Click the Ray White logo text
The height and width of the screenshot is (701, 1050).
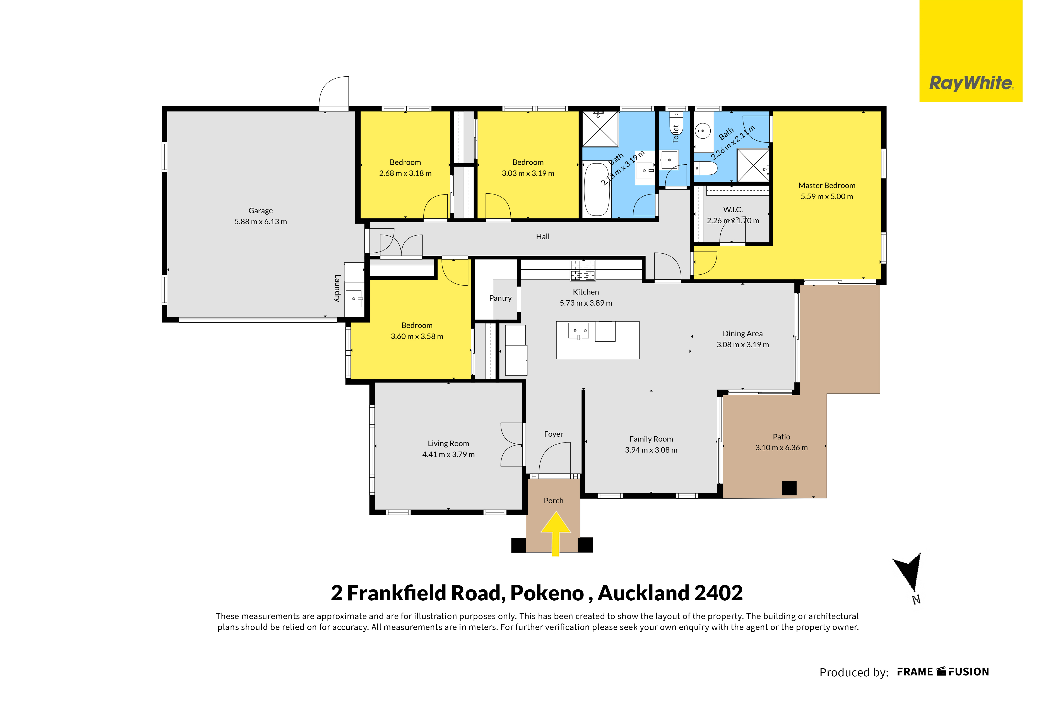point(971,83)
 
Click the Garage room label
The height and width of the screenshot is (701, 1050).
point(260,211)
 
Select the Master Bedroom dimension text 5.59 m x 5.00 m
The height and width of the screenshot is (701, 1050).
point(827,196)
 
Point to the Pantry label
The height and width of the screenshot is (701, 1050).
point(500,298)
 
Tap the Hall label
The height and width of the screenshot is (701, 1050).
point(543,236)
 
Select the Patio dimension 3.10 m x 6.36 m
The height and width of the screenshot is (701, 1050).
point(781,448)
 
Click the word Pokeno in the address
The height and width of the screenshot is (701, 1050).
point(547,593)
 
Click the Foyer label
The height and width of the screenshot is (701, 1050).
point(553,434)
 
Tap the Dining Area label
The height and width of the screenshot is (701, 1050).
point(743,334)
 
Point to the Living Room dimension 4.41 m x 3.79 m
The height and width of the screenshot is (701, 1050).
point(448,454)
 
